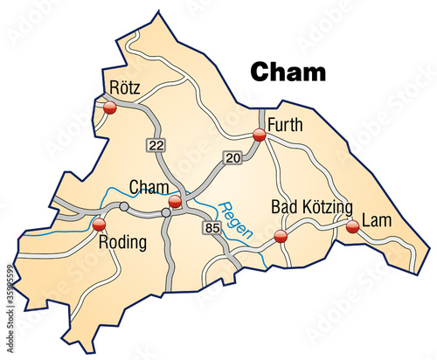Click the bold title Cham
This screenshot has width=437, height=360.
click(x=288, y=71)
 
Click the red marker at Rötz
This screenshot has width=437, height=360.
click(x=110, y=108)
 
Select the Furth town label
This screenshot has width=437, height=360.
click(x=285, y=124)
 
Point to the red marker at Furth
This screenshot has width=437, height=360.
click(x=259, y=135)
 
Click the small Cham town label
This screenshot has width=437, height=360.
click(x=149, y=187)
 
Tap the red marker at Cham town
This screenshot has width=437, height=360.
click(x=175, y=203)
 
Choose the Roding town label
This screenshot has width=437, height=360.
click(x=122, y=242)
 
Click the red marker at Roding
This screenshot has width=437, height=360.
click(x=97, y=225)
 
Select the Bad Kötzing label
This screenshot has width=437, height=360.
click(x=312, y=207)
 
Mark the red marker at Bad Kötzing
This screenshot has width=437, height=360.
click(x=281, y=236)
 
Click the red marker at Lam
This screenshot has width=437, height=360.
click(x=352, y=227)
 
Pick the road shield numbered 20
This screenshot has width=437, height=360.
click(x=232, y=157)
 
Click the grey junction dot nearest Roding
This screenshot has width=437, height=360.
click(x=124, y=207)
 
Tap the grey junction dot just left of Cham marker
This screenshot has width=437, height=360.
click(x=165, y=212)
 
